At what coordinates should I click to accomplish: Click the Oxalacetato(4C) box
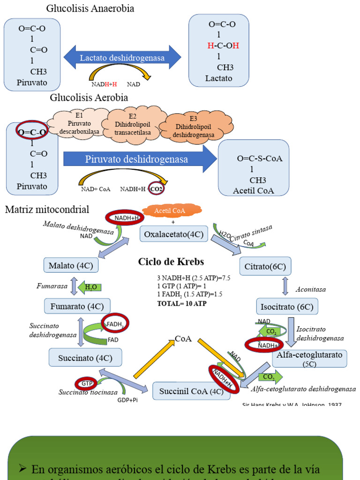pos(173,234)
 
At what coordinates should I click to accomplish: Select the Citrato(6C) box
pos(265,266)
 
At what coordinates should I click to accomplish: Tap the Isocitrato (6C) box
pos(287,307)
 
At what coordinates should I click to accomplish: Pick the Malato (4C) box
pos(71,266)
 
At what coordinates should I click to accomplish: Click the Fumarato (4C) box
pos(77,307)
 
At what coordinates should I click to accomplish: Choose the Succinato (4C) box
pos(85,358)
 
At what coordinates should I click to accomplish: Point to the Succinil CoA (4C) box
pos(191,391)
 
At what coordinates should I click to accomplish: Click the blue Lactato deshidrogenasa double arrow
pos(122,58)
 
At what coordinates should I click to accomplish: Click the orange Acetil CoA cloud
pos(170,211)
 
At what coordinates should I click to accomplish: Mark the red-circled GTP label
pos(86,383)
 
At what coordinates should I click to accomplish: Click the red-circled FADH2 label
pos(115,323)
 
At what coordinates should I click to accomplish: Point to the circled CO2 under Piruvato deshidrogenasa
pos(158,189)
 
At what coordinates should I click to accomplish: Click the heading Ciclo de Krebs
pos(171,262)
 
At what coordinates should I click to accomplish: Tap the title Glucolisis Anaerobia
pos(90,8)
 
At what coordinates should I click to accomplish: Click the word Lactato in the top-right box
pos(218,78)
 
